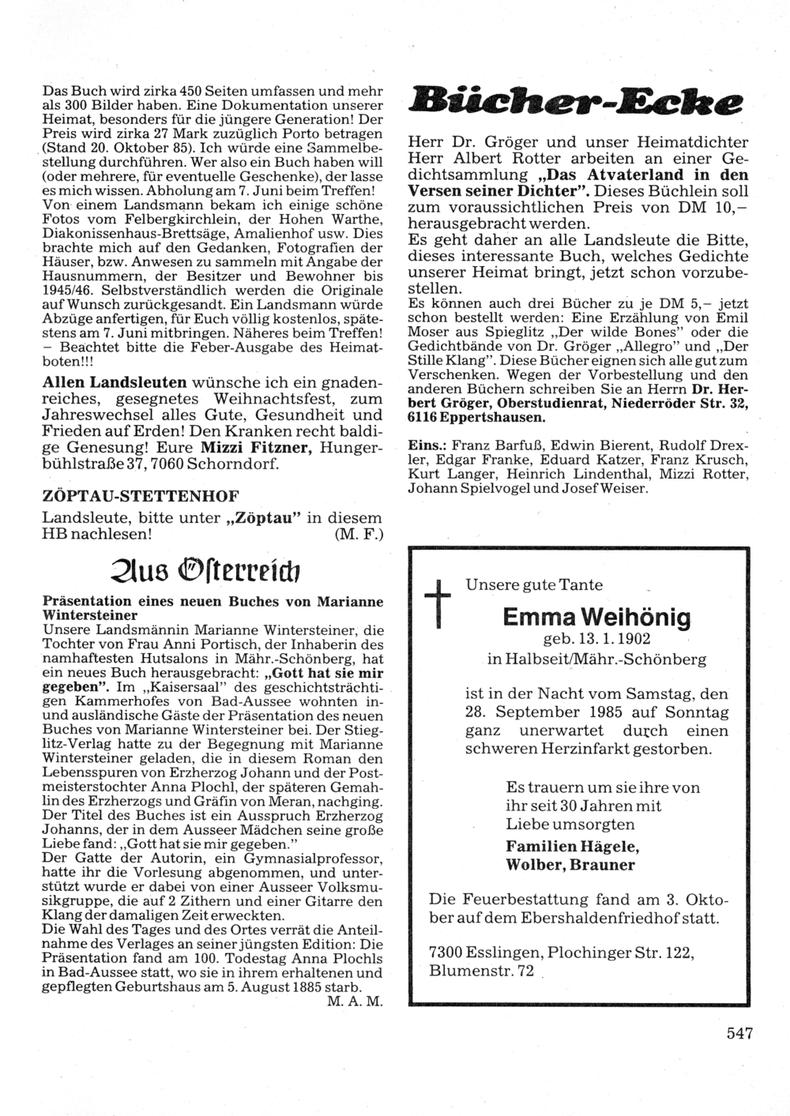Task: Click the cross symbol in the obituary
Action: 437,604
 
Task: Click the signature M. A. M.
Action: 354,1001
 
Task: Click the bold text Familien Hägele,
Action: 572,846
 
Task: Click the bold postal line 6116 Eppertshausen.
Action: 476,417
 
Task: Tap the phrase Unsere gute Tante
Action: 534,585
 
